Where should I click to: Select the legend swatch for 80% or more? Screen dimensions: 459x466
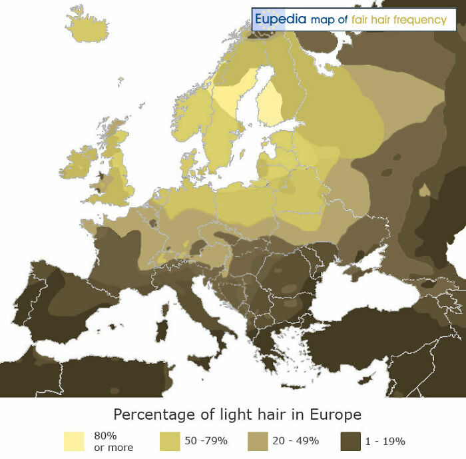pyautogui.click(x=74, y=441)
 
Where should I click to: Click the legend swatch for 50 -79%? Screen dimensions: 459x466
pyautogui.click(x=170, y=441)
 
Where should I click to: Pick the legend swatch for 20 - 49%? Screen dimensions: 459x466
pyautogui.click(x=258, y=441)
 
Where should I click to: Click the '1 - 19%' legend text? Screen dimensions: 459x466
pyautogui.click(x=385, y=441)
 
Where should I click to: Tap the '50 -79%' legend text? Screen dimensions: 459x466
pyautogui.click(x=206, y=441)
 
